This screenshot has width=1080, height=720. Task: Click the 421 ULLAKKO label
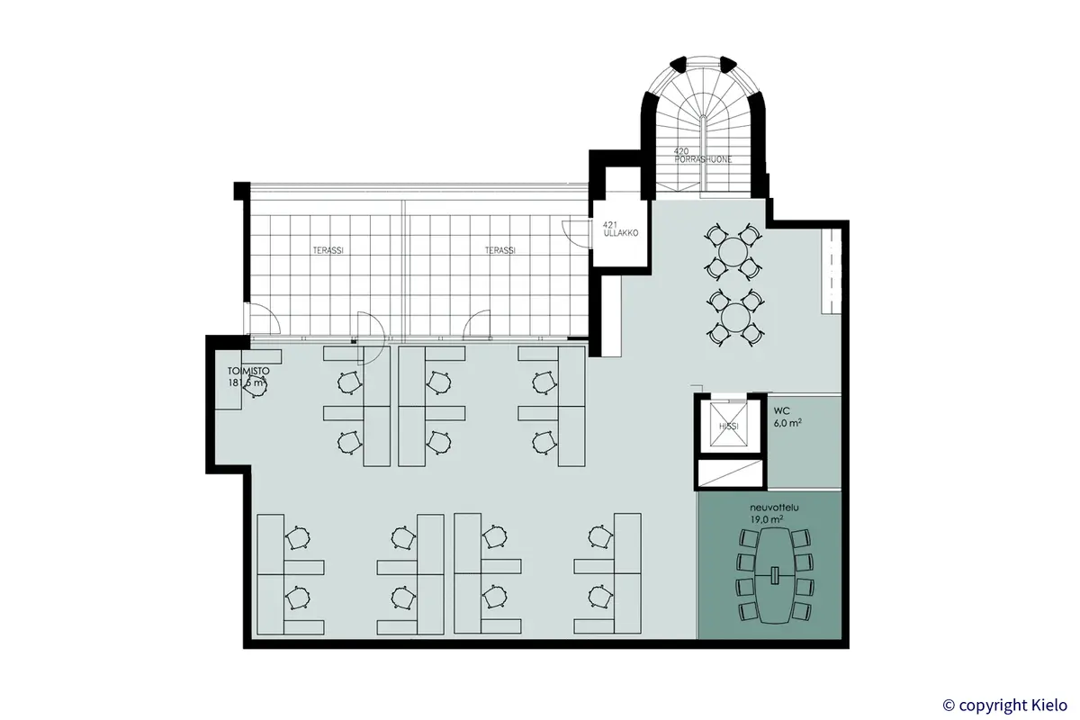pos(621,228)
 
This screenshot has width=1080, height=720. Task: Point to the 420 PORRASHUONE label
pos(703,154)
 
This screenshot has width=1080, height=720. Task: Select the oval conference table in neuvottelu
pos(774,575)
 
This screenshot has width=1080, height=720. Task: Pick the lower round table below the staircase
pos(736,316)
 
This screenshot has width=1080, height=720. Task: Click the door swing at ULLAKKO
pos(573,231)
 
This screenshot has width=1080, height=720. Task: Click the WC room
pos(803,445)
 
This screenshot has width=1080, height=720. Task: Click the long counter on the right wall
pos(829,270)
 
